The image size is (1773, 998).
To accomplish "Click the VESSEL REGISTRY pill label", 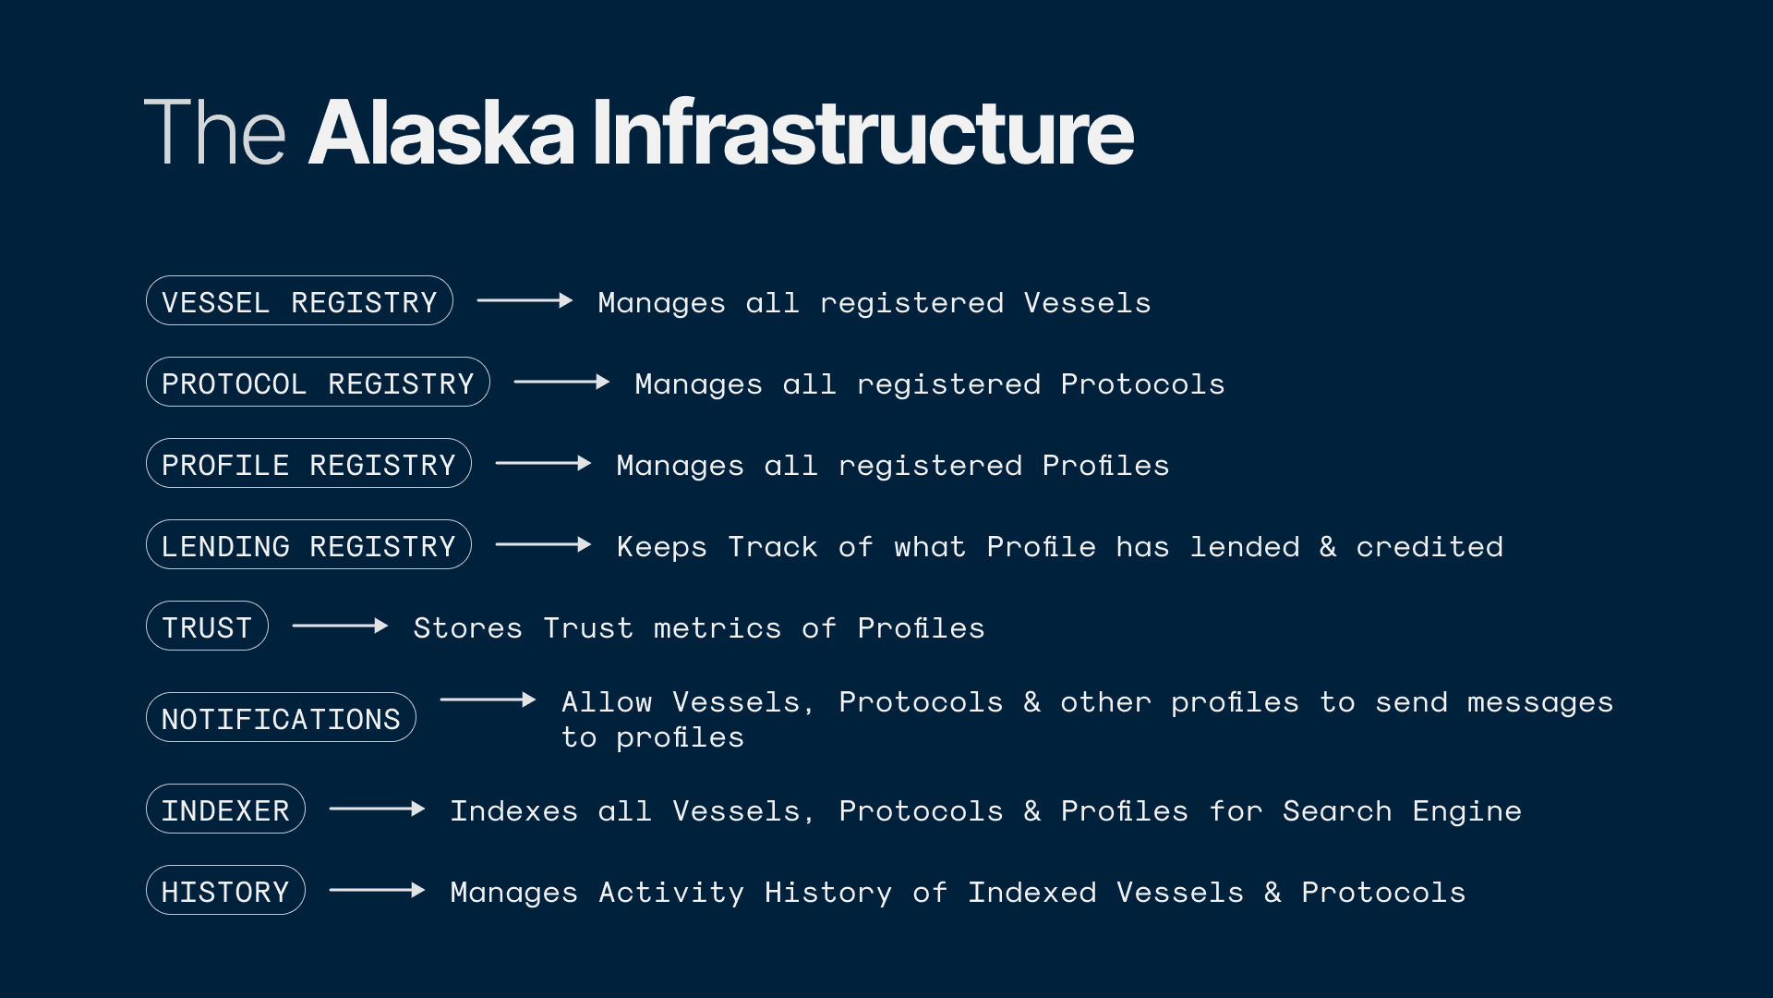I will [x=299, y=301].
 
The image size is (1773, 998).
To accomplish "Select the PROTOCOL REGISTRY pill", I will [x=318, y=383].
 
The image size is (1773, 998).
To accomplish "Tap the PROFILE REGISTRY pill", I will [x=308, y=464].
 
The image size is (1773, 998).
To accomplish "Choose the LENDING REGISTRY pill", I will [x=308, y=545].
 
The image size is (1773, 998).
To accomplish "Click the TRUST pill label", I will [x=207, y=627].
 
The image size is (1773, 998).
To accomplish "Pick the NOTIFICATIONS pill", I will [x=281, y=718].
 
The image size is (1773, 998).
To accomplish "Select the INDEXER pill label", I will [x=225, y=809].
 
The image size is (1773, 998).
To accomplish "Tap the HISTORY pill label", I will [x=225, y=891].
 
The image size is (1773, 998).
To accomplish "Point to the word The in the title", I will [x=215, y=133].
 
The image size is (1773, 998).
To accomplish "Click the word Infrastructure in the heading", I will [x=862, y=133].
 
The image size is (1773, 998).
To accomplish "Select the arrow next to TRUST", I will [x=340, y=626].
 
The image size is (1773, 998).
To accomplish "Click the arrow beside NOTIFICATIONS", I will [x=488, y=700].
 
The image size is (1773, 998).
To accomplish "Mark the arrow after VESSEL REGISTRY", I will [x=525, y=300].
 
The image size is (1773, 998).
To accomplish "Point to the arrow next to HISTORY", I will [x=377, y=890].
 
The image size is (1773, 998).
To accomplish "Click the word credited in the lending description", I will [x=1429, y=546].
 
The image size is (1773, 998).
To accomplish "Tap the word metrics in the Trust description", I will [x=717, y=627].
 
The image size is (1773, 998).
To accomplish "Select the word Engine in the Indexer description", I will [x=1466, y=811].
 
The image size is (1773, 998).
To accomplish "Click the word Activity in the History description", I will [x=670, y=893].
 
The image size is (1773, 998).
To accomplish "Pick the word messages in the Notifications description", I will [x=1539, y=702].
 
